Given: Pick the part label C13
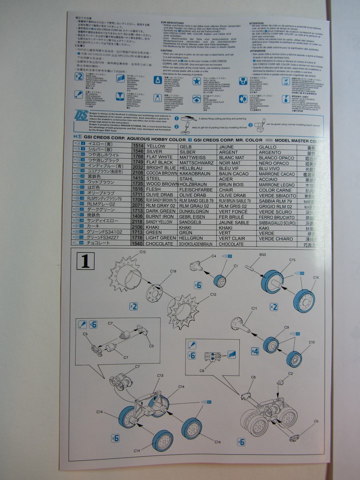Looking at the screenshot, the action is tap(160, 375).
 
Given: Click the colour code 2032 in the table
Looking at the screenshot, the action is tap(138, 168).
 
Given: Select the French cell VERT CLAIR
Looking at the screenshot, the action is tap(234, 238).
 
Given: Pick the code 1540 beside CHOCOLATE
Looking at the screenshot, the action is tap(138, 244).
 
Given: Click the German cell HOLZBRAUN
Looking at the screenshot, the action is tap(193, 184).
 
